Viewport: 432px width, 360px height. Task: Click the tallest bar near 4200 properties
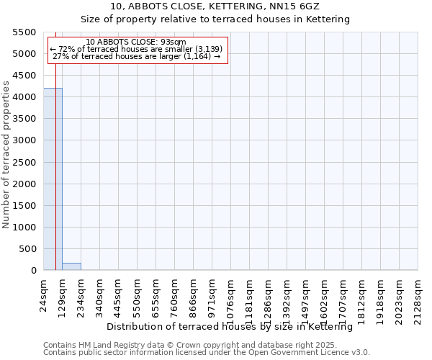click(53, 179)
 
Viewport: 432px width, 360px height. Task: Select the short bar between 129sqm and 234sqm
click(71, 266)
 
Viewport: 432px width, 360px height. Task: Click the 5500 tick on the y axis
click(24, 32)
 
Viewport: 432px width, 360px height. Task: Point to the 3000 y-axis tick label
click(24, 140)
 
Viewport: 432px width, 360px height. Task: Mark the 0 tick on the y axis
click(33, 271)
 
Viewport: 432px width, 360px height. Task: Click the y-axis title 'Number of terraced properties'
click(7, 155)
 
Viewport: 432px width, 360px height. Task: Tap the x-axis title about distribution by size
click(235, 327)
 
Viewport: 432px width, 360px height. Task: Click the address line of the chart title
click(215, 6)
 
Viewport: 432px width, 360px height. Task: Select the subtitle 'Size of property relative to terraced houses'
click(215, 19)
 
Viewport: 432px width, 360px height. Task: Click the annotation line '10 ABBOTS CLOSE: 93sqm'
click(136, 42)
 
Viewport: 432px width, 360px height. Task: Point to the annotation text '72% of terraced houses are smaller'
click(137, 49)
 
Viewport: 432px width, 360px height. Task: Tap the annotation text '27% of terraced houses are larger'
click(137, 56)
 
